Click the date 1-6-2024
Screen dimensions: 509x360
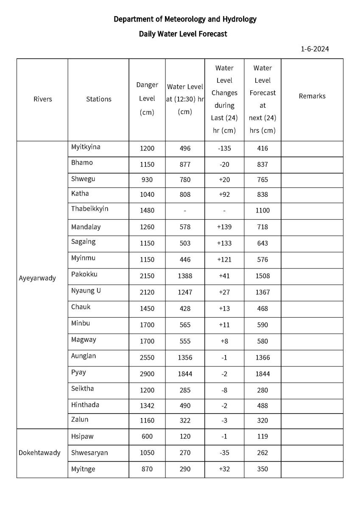[x=315, y=49]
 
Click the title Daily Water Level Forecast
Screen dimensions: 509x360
[x=183, y=34]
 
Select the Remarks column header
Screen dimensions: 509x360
[x=312, y=96]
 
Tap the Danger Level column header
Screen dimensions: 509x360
[x=147, y=98]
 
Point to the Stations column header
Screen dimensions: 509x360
[x=99, y=99]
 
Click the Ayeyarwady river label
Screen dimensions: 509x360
[x=37, y=279]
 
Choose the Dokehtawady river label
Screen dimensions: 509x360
[x=39, y=453]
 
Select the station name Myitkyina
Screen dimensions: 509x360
[x=86, y=147]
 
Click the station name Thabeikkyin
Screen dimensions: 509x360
[x=89, y=209]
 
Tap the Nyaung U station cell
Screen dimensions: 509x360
[x=86, y=291]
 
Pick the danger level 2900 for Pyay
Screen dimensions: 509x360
[x=147, y=374]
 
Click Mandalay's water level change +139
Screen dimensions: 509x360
[x=224, y=227]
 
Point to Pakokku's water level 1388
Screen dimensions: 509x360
[x=185, y=276]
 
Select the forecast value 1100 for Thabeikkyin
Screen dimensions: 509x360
[x=262, y=210]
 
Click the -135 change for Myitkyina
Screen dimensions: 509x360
[x=224, y=148]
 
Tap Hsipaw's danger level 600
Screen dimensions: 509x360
[x=147, y=436]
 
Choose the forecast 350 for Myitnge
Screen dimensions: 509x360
[x=262, y=469]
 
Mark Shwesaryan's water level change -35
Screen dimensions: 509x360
[x=224, y=453]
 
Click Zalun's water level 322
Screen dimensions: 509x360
[x=185, y=421]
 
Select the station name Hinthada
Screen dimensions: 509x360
[x=85, y=405]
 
